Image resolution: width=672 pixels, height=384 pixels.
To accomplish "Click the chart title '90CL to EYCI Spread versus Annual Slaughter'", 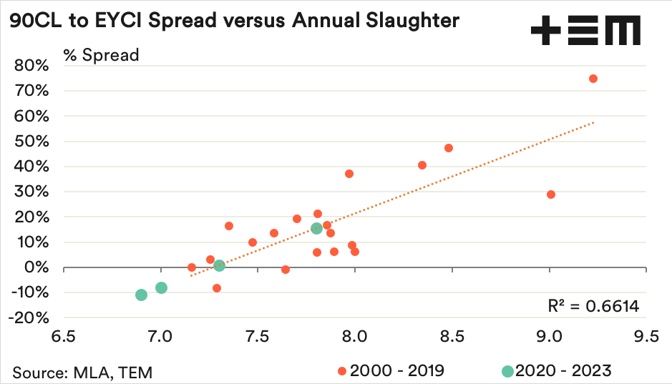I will click(x=233, y=21).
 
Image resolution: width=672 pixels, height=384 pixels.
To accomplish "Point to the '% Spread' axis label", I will click(x=101, y=55).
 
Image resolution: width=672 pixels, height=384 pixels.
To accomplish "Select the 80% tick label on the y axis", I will click(x=31, y=65).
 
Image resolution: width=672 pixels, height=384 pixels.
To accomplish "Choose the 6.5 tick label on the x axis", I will click(x=64, y=336).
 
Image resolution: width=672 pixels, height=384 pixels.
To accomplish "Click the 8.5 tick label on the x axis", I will click(x=452, y=336).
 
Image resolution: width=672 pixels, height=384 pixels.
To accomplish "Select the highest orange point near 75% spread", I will click(x=593, y=79).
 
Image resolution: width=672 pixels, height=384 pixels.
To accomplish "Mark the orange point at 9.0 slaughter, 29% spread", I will click(x=550, y=195).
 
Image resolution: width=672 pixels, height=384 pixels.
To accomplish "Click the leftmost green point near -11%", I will click(x=141, y=295).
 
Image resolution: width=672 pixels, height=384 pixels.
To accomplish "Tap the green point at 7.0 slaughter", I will click(x=161, y=288).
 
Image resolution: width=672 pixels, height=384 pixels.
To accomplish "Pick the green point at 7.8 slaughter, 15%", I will click(x=316, y=228).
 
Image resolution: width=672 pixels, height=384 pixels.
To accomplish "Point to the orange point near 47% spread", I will click(x=449, y=148).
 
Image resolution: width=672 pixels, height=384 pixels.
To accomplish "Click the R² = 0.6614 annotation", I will click(x=593, y=307).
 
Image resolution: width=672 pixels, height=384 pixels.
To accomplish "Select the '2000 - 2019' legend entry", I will click(x=391, y=370).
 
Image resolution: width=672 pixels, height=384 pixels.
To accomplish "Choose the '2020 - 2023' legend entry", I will click(x=556, y=370).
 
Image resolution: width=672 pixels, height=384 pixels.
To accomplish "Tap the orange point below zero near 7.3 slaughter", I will click(x=217, y=288).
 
